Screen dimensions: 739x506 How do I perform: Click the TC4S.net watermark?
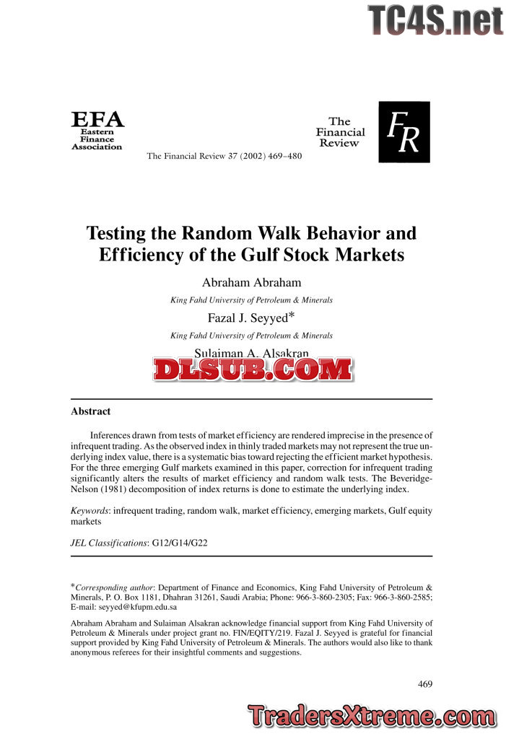pyautogui.click(x=435, y=20)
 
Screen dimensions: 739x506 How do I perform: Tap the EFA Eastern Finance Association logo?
pyautogui.click(x=97, y=131)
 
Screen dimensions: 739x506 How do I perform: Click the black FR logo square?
pyautogui.click(x=404, y=132)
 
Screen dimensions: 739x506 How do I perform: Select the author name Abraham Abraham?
pyautogui.click(x=251, y=283)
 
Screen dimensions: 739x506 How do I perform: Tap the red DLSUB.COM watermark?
pyautogui.click(x=252, y=369)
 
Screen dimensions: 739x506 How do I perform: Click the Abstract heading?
pyautogui.click(x=90, y=411)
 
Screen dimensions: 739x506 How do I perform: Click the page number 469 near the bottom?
pyautogui.click(x=424, y=684)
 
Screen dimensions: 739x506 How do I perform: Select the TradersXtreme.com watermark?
pyautogui.click(x=369, y=717)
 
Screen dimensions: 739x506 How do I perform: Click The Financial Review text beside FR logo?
pyautogui.click(x=340, y=132)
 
